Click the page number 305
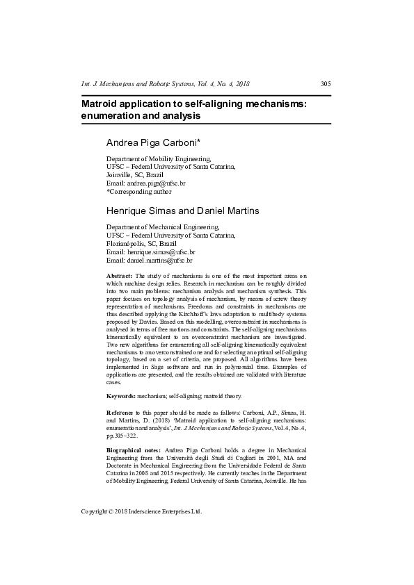click(x=325, y=84)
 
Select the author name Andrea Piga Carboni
click(x=153, y=142)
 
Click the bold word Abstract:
click(x=120, y=276)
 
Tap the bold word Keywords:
click(x=121, y=396)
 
